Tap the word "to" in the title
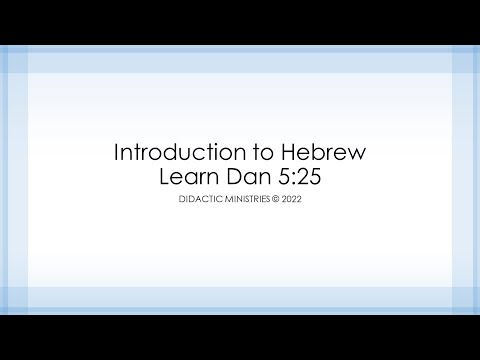click(x=253, y=154)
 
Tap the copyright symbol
click(x=279, y=201)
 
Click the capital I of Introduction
click(x=118, y=154)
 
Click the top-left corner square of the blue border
click(x=13, y=61)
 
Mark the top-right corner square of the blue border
click(x=466, y=61)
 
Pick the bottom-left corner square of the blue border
click(x=13, y=299)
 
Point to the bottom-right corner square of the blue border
click(x=466, y=299)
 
